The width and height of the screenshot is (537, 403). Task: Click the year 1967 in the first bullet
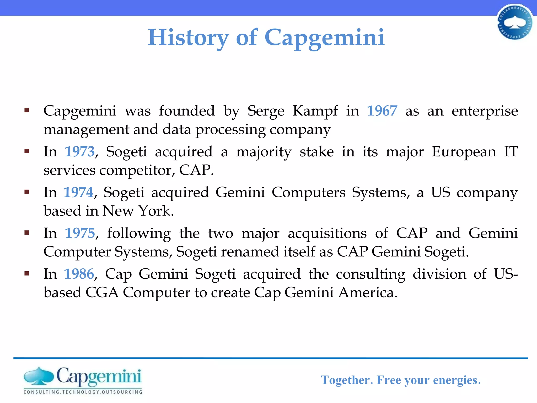[382, 111]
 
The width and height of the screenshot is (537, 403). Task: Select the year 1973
[79, 152]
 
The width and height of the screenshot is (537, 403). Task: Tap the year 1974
[78, 193]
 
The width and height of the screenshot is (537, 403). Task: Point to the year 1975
[80, 233]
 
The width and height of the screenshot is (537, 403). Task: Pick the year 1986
[79, 274]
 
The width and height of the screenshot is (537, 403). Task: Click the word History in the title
[188, 38]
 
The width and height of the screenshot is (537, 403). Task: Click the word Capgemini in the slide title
[324, 38]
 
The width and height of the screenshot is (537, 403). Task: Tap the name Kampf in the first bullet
[315, 111]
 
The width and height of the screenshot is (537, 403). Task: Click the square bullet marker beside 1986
[26, 274]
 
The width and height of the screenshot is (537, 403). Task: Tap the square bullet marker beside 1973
[26, 151]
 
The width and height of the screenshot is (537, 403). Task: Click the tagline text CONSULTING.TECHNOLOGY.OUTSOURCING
[83, 392]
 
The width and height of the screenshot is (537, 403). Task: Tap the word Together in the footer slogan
[346, 380]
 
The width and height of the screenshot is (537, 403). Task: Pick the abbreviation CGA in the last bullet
[102, 293]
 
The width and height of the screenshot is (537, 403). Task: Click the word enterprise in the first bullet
[485, 111]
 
